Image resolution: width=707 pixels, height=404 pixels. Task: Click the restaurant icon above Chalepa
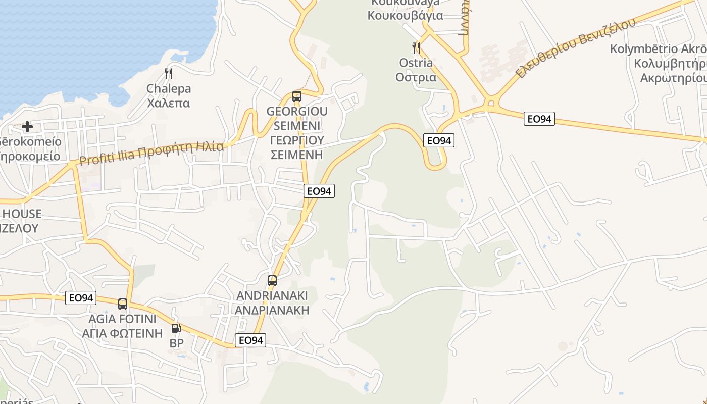point(169,74)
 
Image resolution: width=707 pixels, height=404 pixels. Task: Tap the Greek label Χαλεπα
point(168,104)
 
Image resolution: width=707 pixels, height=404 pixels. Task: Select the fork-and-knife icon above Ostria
point(416,48)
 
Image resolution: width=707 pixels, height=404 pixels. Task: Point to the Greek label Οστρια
point(416,77)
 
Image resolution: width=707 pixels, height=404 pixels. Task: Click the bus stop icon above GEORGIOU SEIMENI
point(297,96)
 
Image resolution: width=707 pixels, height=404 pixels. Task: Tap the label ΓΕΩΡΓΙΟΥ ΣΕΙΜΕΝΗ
point(297,147)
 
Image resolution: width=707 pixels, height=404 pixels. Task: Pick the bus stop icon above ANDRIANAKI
point(272,281)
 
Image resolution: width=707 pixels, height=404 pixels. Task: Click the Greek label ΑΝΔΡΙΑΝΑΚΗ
point(272,310)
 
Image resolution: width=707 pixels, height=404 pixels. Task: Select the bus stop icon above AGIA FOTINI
point(123,304)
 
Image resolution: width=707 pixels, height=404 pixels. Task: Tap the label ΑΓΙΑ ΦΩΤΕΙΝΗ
point(123,333)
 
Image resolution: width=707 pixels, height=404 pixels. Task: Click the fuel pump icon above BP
point(176,328)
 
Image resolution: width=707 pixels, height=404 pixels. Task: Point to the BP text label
point(176,343)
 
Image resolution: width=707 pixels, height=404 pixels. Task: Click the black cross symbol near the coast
point(27,126)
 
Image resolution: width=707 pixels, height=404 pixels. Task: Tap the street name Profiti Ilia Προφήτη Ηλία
point(151,154)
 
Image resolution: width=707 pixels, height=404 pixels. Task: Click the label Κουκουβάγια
point(405,15)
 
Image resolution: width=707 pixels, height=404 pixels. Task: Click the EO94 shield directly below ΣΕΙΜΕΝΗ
point(320,191)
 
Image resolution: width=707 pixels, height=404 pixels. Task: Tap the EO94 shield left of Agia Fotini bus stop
point(81,298)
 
